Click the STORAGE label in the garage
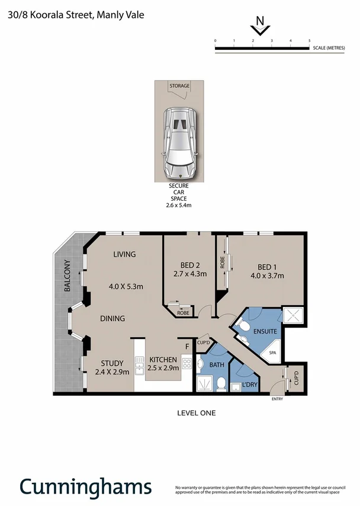179,86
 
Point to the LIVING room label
124,254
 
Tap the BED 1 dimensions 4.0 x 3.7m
267,276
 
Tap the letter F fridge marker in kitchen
187,346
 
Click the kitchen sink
140,363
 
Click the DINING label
112,319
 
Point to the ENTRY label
277,399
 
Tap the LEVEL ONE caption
197,412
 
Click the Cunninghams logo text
85,487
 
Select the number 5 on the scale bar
310,40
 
